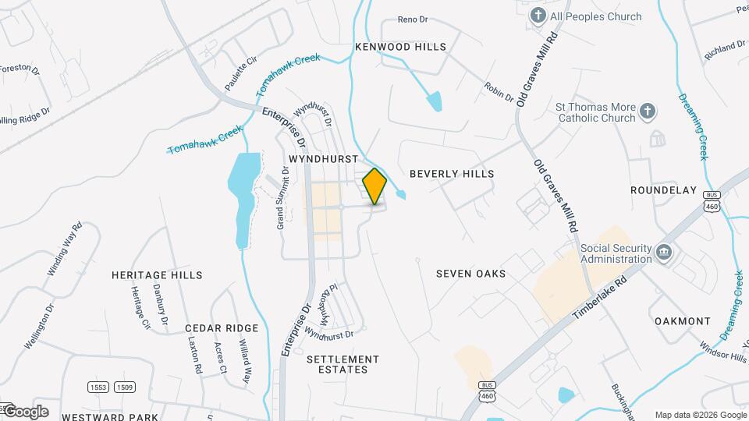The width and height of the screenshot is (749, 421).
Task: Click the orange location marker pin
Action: pyautogui.click(x=374, y=186)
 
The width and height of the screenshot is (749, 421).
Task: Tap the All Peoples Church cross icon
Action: pyautogui.click(x=538, y=16)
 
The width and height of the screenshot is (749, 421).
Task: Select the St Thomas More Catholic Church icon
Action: pyautogui.click(x=647, y=112)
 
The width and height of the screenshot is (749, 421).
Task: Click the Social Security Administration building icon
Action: pyautogui.click(x=664, y=253)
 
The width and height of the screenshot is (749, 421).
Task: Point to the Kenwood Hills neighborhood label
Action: pyautogui.click(x=401, y=47)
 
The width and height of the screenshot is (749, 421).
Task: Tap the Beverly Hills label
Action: pyautogui.click(x=452, y=173)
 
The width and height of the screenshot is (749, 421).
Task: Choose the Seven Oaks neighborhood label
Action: pyautogui.click(x=470, y=274)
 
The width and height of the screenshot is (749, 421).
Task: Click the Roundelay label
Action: pyautogui.click(x=663, y=189)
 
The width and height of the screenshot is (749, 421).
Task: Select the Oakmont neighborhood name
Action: pyautogui.click(x=683, y=321)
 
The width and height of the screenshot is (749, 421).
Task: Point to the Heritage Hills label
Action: pyautogui.click(x=157, y=275)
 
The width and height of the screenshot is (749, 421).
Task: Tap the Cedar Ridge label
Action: pyautogui.click(x=221, y=328)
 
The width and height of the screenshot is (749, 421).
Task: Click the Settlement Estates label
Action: pyautogui.click(x=343, y=364)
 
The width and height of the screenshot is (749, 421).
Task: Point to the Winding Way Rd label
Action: pyautogui.click(x=65, y=249)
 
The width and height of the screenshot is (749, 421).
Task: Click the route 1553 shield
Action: pyautogui.click(x=98, y=387)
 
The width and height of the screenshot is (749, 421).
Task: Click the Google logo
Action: pyautogui.click(x=25, y=412)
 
